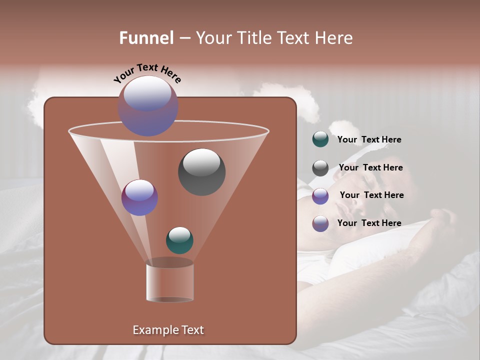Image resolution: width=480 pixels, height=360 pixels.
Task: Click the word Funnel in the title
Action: pos(146,38)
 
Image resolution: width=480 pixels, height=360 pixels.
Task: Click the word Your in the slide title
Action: pos(212,38)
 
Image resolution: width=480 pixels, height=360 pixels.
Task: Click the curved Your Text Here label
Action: pos(147,72)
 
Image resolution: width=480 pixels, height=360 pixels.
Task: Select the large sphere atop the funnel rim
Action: pos(147,105)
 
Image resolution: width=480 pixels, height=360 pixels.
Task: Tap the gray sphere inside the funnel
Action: pos(201,171)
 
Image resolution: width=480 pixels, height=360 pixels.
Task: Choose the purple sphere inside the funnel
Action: pos(139,197)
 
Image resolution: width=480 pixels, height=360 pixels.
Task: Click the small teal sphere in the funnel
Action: pos(179,240)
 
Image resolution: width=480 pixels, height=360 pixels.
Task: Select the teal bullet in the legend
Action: pos(320,139)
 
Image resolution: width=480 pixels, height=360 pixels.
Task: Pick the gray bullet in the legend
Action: pos(320,168)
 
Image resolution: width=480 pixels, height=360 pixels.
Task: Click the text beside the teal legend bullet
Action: pos(369,140)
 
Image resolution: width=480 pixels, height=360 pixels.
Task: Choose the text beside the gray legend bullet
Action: pos(370,168)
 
